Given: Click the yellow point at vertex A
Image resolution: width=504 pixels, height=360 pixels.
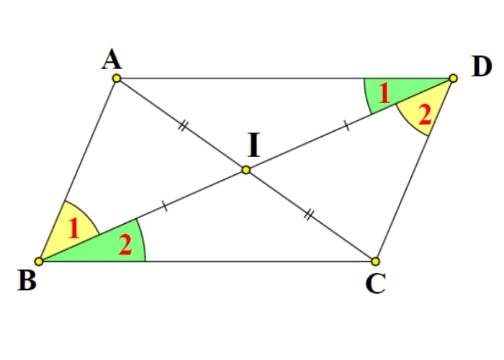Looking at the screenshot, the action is [x=117, y=78].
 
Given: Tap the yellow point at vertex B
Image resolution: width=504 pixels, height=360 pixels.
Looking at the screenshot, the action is [x=39, y=261].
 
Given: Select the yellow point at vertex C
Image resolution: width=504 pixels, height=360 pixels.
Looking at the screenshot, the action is [x=375, y=261].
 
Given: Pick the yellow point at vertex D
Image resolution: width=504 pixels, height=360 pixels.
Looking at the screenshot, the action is [x=453, y=78].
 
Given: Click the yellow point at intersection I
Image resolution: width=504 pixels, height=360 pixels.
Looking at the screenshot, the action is [x=246, y=170].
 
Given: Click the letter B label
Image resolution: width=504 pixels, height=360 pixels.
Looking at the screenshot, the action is [x=27, y=281].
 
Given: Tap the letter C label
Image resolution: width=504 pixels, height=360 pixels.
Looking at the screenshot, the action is [x=375, y=284].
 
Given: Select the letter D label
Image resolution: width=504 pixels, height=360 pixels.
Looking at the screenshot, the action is [x=482, y=67].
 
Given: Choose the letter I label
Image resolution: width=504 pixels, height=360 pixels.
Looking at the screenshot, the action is [x=254, y=145].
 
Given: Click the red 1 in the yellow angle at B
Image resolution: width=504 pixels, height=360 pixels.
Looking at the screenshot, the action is [x=74, y=229].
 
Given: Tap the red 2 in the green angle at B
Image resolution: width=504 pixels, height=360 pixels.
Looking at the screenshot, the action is [x=125, y=245].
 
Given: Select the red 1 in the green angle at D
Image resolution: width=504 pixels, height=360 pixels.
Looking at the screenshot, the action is [x=384, y=94].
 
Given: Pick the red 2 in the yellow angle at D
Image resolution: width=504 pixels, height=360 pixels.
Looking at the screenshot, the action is [x=425, y=114].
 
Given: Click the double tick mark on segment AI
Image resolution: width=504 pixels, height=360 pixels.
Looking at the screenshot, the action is [x=182, y=125].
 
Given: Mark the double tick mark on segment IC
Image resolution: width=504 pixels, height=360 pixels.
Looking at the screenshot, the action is [x=308, y=215].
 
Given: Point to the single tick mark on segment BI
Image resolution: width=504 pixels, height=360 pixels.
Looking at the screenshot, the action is [x=165, y=206].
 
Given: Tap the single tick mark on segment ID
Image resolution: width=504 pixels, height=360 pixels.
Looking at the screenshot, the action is [x=346, y=125].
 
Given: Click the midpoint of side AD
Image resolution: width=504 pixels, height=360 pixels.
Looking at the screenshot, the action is [x=285, y=78].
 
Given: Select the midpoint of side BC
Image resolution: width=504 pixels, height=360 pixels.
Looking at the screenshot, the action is [x=207, y=261].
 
